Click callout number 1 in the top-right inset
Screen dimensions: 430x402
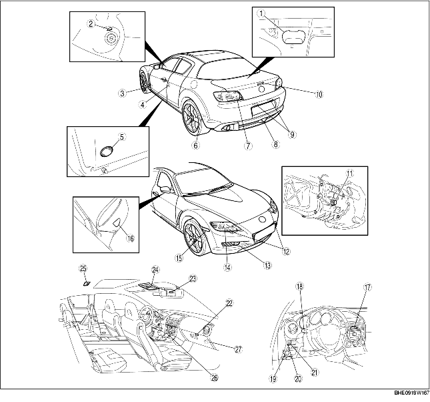[262, 13]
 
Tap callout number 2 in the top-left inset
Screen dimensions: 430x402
[91, 24]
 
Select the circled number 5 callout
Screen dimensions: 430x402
[122, 136]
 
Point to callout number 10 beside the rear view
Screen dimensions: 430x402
[319, 94]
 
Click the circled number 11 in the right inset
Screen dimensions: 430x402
[349, 174]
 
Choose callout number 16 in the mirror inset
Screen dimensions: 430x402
[131, 238]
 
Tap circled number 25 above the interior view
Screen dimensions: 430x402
[83, 268]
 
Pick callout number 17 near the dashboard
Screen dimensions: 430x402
[367, 287]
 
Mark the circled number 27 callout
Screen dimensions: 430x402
[238, 349]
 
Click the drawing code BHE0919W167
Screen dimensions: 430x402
[411, 393]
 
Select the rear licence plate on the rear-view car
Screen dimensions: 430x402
[263, 108]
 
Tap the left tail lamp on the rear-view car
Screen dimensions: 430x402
[228, 96]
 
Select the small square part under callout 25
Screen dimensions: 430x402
[87, 284]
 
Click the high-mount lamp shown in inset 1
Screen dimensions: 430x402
[293, 36]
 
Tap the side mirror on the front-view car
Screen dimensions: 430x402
[165, 189]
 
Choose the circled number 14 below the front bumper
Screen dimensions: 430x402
[227, 267]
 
